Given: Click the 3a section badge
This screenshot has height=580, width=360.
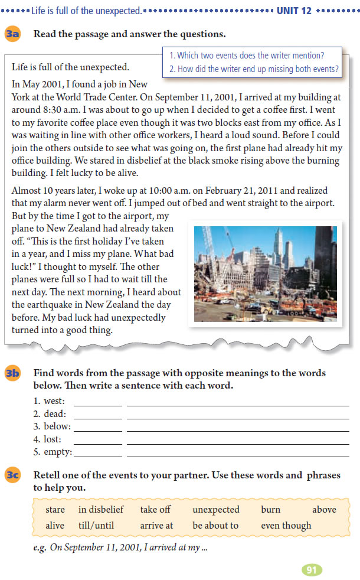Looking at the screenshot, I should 12,34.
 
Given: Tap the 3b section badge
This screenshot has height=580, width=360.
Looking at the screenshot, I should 12,373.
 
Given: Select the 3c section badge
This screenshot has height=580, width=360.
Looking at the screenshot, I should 12,475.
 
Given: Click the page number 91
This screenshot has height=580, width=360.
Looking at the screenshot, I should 312,570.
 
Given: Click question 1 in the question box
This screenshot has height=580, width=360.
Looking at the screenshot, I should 246,56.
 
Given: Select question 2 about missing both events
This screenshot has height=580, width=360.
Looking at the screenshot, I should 253,69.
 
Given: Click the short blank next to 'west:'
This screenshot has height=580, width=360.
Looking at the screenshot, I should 97,402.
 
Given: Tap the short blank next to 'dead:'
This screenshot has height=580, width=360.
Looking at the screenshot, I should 97,415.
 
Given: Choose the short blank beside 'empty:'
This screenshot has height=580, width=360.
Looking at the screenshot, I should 97,452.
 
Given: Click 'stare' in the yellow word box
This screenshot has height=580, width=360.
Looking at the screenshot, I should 55,510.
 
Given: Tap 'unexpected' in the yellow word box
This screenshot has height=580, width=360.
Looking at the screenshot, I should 216,510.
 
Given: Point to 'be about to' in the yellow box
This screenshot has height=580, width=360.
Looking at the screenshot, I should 215,526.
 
